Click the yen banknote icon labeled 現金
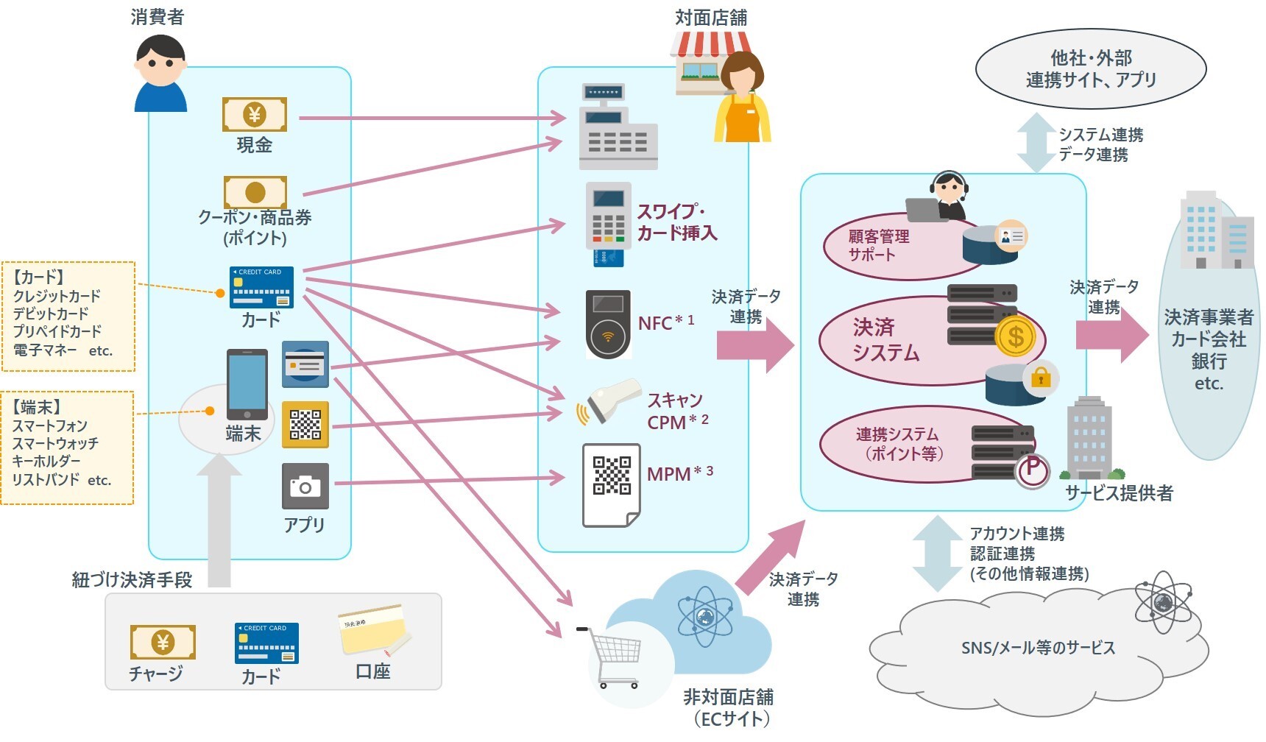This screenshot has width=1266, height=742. (x=254, y=115)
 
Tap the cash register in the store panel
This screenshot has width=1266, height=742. (x=617, y=128)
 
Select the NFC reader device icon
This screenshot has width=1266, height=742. (x=608, y=325)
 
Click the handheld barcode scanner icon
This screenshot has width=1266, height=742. (x=610, y=402)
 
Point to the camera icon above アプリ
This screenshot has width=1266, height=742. (x=305, y=486)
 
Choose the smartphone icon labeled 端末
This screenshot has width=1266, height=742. (x=247, y=384)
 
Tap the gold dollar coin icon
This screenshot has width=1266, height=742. (x=1015, y=337)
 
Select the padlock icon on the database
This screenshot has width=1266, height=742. (x=1040, y=378)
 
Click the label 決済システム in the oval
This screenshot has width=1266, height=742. (x=885, y=340)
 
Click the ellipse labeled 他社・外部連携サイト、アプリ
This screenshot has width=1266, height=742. (x=1090, y=69)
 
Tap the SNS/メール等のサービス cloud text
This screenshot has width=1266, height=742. (x=1038, y=649)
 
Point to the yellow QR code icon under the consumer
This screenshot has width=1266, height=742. (x=305, y=425)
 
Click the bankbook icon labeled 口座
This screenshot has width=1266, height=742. (x=374, y=631)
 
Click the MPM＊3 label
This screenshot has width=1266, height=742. (x=679, y=474)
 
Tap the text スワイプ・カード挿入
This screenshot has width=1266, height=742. (x=676, y=222)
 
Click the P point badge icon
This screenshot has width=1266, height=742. (x=1032, y=470)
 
